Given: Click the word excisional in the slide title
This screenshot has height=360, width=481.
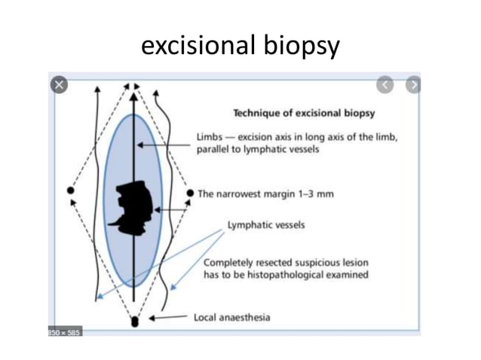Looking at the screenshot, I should pyautogui.click(x=198, y=46).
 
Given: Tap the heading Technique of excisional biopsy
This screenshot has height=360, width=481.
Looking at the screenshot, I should pyautogui.click(x=304, y=114).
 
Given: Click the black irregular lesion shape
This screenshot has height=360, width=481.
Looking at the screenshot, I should pyautogui.click(x=134, y=202).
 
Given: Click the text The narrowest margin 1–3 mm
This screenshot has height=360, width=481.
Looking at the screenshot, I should pyautogui.click(x=265, y=194).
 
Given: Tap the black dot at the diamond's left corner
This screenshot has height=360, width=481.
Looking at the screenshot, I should pyautogui.click(x=71, y=191).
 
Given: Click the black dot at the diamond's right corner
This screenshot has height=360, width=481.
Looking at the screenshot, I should pyautogui.click(x=190, y=193).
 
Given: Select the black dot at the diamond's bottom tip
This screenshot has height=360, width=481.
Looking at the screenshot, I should pyautogui.click(x=135, y=322).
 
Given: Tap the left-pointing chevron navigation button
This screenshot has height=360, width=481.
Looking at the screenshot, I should pyautogui.click(x=385, y=85).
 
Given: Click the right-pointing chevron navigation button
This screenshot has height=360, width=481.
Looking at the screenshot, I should pyautogui.click(x=412, y=85).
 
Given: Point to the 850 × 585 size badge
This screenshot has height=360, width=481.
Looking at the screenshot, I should pyautogui.click(x=65, y=331).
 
